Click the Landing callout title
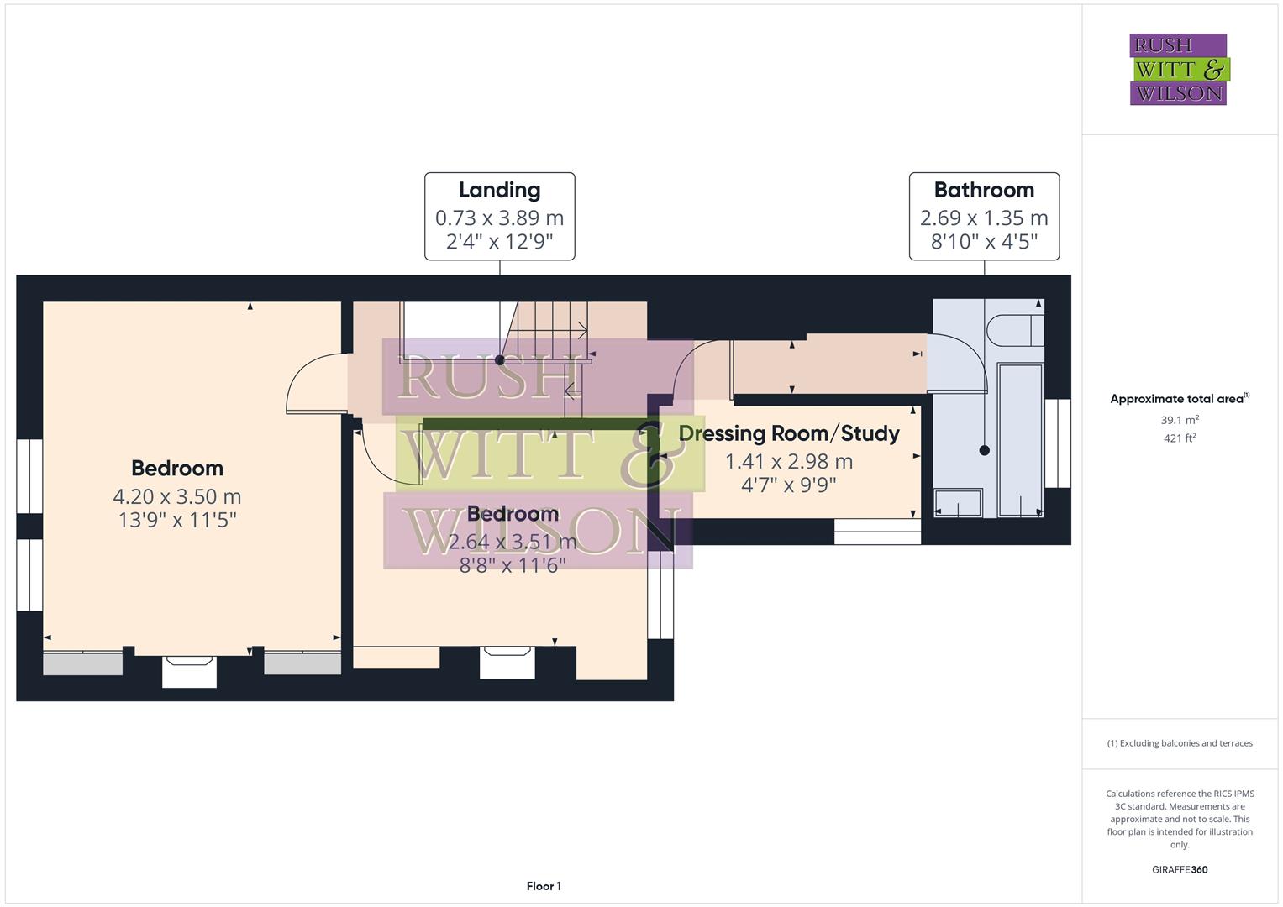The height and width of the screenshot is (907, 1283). point(499,191)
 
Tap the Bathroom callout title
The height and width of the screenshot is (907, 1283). point(984,191)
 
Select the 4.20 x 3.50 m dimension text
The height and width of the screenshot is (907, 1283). point(177,496)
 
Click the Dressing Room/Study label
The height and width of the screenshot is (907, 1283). point(788,433)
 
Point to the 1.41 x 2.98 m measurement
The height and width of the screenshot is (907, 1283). point(788,461)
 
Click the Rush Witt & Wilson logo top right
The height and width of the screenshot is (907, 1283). point(1178,70)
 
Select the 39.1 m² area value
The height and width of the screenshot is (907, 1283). point(1180,420)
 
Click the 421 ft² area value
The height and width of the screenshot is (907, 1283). point(1180,438)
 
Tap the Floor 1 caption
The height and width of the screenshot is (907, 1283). point(544,886)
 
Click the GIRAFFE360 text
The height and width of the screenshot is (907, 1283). point(1180,869)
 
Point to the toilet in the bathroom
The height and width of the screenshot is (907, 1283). point(1015,330)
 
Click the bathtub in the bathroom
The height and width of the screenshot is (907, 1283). point(1020,439)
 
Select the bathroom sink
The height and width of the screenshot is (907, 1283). point(959,503)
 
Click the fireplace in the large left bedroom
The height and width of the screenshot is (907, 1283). point(189,672)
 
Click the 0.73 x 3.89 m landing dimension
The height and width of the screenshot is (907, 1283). point(499,218)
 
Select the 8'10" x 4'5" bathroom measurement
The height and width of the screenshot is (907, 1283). point(984,242)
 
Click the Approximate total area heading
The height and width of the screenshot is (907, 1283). point(1179,399)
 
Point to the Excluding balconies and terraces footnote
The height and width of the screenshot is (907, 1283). point(1180,743)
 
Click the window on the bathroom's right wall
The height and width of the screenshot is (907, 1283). point(1057,443)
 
